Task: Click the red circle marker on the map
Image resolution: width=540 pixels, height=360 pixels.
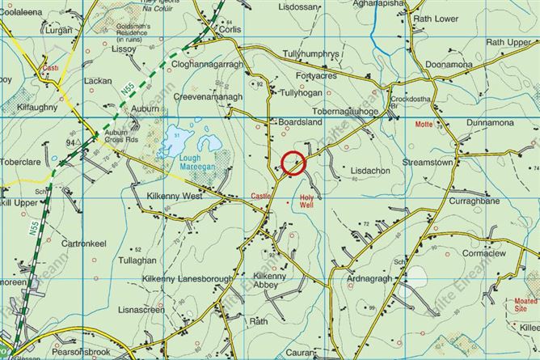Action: [x=293, y=163]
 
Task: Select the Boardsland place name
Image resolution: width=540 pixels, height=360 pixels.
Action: [x=300, y=123]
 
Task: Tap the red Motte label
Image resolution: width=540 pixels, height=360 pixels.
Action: [x=424, y=125]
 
